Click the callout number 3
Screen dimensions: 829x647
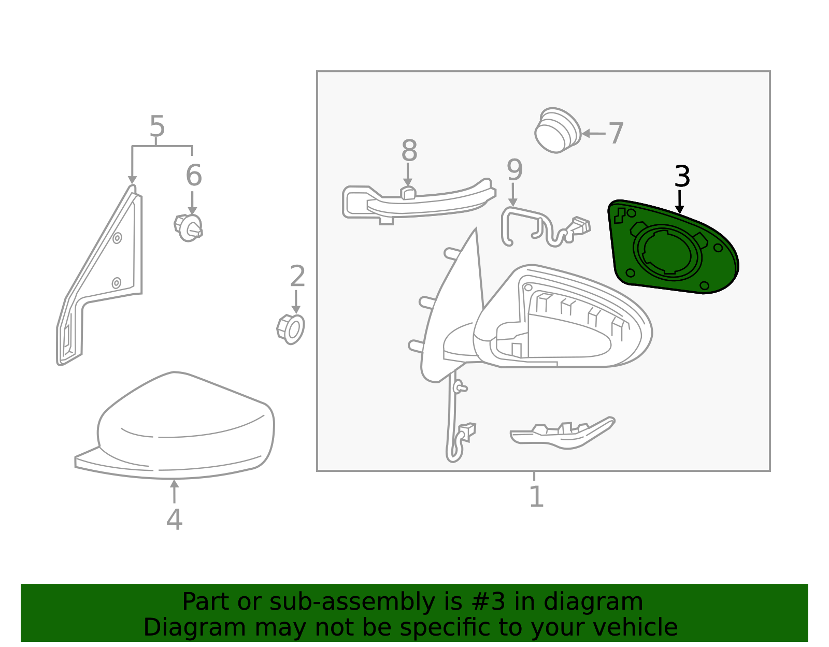coord(682,177)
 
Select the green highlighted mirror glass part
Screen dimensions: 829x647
coord(674,249)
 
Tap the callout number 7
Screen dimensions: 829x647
coord(616,134)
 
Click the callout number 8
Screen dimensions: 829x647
coord(409,151)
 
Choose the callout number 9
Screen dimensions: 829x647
coord(514,170)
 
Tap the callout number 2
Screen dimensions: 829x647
coord(297,277)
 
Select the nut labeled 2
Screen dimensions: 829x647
coord(291,329)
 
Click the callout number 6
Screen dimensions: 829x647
coord(193,176)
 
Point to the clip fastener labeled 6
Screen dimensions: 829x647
coord(189,228)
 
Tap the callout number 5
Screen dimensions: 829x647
coord(157,126)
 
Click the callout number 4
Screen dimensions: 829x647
coord(174,520)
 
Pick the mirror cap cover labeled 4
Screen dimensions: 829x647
coord(181,425)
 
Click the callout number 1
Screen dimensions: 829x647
coord(536,497)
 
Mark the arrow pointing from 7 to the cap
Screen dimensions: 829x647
coord(593,134)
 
